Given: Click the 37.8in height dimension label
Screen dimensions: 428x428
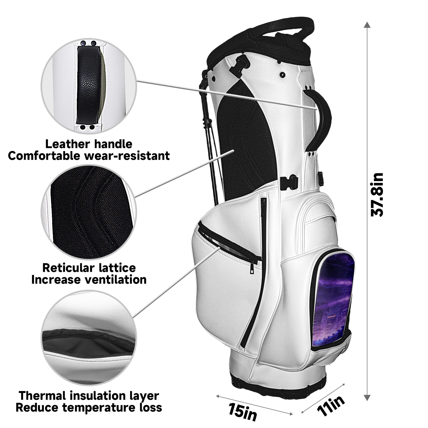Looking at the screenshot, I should [x=377, y=195].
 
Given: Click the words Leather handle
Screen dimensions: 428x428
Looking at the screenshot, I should [x=89, y=144].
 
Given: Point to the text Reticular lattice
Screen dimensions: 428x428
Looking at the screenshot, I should [x=89, y=268].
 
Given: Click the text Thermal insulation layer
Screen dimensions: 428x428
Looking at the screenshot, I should [x=89, y=395].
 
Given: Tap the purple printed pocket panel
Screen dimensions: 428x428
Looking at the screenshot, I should [x=333, y=297].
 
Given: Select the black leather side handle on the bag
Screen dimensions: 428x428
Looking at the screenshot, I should [x=322, y=118].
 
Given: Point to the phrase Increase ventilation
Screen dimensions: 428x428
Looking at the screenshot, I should [x=89, y=280].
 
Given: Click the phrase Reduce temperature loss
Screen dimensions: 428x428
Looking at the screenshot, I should [x=89, y=408].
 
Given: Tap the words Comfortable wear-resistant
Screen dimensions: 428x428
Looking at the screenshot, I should [x=89, y=156].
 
